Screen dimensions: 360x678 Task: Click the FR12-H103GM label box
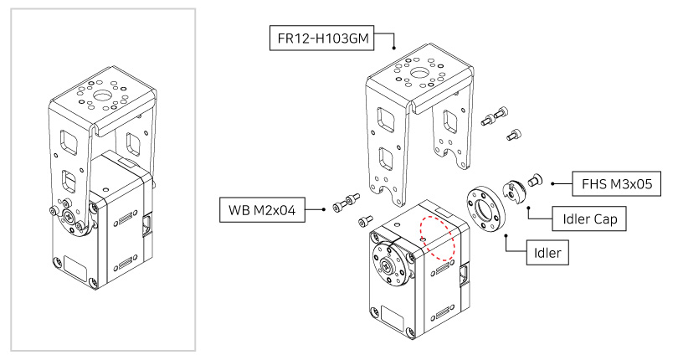point(320,38)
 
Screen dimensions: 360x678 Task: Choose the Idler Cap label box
point(589,219)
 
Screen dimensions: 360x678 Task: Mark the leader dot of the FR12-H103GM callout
point(393,49)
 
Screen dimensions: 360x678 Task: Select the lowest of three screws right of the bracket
point(514,134)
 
